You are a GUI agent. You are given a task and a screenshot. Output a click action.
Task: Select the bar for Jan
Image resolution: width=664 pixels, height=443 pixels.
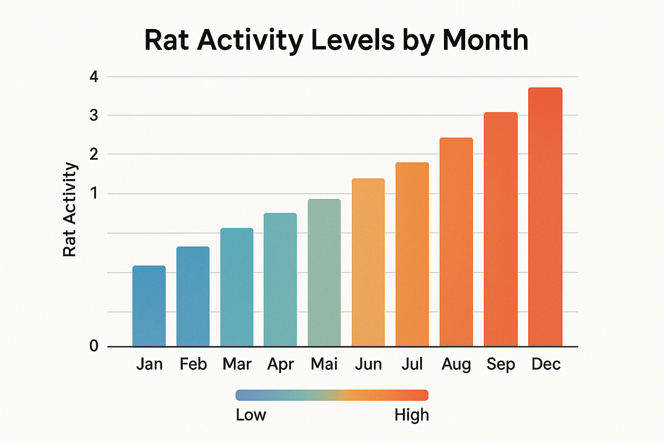point(149,306)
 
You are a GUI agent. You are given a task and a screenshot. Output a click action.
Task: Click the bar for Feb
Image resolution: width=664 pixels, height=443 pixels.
point(193,296)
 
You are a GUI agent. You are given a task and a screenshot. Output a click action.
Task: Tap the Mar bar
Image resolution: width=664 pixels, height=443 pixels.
point(236,287)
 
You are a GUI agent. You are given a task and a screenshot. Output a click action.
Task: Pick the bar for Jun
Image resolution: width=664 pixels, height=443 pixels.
point(368,262)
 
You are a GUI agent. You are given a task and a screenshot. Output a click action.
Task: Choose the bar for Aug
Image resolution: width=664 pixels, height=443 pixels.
point(456,242)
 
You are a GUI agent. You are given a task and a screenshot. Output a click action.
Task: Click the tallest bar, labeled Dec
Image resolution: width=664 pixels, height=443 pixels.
point(545,217)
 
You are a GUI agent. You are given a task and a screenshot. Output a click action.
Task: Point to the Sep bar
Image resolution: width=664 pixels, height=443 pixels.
point(501,229)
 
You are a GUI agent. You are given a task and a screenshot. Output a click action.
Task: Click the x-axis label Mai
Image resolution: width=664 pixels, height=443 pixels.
point(324,364)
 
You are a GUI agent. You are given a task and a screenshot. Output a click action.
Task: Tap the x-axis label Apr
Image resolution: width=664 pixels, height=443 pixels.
point(281,364)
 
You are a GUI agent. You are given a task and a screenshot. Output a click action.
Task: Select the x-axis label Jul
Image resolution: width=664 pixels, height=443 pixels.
point(412,364)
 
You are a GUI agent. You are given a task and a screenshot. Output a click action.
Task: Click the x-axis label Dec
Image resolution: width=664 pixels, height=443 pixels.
point(546,364)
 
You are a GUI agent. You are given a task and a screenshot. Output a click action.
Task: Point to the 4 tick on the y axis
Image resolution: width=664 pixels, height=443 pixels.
point(94,77)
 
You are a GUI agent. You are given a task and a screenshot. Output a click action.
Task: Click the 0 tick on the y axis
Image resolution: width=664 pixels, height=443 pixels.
point(94,346)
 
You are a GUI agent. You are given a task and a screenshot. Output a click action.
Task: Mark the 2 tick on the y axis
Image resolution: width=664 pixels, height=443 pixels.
point(94,154)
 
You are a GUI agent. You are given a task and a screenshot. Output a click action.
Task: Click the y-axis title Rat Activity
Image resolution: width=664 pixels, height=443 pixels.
point(70,210)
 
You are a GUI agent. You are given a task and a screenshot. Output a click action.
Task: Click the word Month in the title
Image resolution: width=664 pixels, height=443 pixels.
point(485,40)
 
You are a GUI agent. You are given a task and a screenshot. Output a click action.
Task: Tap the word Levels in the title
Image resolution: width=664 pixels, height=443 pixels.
point(353,40)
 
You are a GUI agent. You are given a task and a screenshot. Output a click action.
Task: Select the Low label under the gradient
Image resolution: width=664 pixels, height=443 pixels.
point(251,415)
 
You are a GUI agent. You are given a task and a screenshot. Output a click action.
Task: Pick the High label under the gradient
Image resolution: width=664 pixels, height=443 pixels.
point(412,415)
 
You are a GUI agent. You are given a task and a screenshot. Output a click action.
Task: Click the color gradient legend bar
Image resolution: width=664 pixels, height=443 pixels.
point(332,395)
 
